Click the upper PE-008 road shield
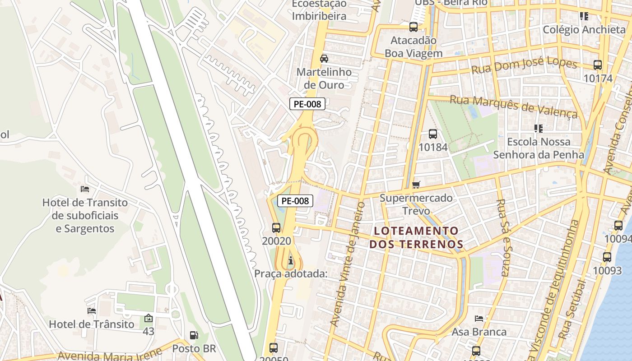pos(307,104)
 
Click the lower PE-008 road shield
pos(295,201)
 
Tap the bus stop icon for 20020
pos(276,228)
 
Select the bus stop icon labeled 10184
pos(432,134)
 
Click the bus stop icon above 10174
pos(598,65)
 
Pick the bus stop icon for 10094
pos(618,226)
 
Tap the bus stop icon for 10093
pos(607,257)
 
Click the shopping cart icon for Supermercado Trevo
pos(416,185)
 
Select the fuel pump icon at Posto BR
pos(194,335)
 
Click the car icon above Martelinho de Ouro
pos(324,58)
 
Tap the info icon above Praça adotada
pos(291,260)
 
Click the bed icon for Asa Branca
pos(479,319)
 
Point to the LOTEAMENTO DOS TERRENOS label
pos(416,238)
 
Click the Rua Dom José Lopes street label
pos(524,66)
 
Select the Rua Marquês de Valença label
pos(514,106)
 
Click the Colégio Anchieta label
pos(584,30)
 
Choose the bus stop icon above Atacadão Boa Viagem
pos(413,27)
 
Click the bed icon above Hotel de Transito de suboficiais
pos(84,189)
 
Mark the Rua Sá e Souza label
pos(504,237)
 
